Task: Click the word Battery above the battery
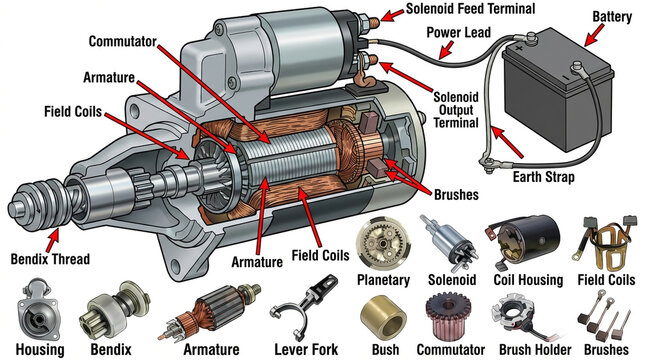(x=612, y=17)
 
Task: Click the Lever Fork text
(x=307, y=349)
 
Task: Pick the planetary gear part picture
(x=385, y=240)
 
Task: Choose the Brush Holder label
(x=524, y=349)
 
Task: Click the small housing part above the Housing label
(x=38, y=310)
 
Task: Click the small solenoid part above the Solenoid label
(x=444, y=240)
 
